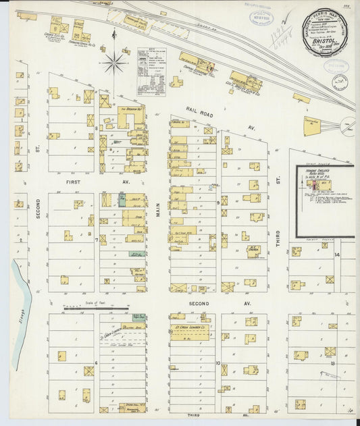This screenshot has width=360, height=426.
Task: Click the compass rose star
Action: (114, 63)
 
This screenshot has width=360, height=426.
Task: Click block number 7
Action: (97, 240)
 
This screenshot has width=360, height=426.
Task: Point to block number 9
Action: (217, 202)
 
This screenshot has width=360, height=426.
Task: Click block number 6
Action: (97, 363)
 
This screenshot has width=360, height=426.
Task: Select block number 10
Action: (217, 363)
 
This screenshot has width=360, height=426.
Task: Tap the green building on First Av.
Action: (122, 199)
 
